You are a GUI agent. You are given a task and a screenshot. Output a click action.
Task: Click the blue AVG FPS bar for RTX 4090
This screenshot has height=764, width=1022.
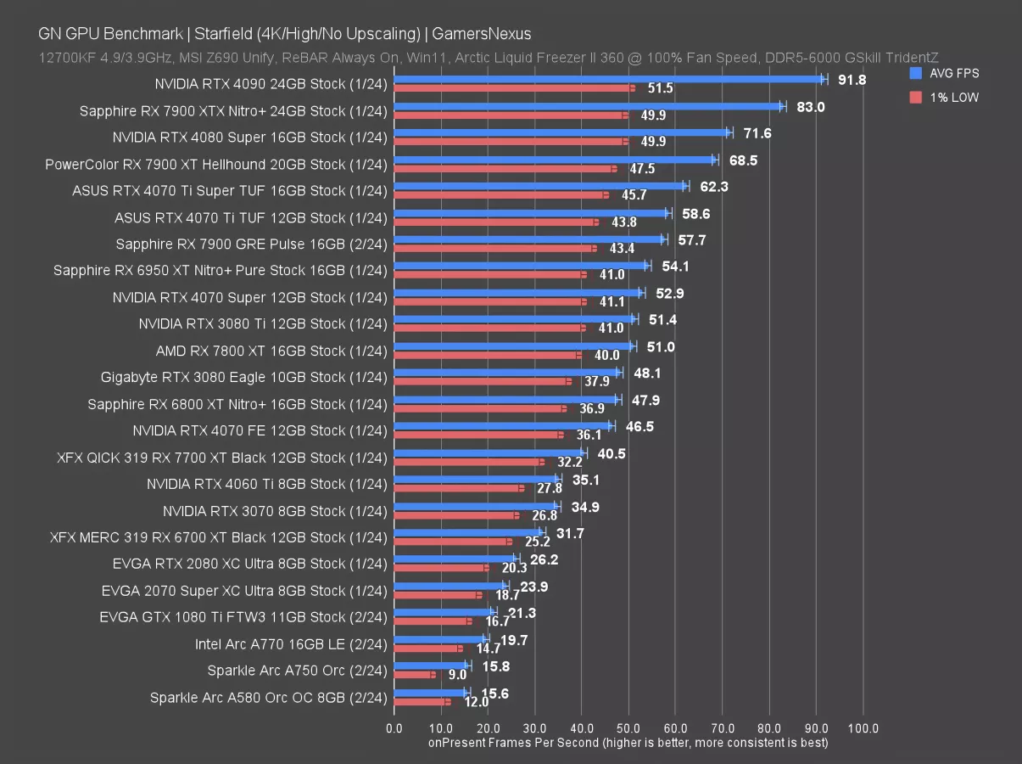pyautogui.click(x=609, y=79)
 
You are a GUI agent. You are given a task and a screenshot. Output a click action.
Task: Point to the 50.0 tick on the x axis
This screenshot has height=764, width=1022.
pyautogui.click(x=628, y=727)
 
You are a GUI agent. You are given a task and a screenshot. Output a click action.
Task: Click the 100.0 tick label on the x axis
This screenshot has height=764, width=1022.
pyautogui.click(x=863, y=727)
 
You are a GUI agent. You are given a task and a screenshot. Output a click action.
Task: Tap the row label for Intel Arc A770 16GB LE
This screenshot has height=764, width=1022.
pyautogui.click(x=291, y=643)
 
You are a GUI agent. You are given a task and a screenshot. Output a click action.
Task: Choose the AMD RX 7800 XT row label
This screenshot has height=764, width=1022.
pyautogui.click(x=271, y=351)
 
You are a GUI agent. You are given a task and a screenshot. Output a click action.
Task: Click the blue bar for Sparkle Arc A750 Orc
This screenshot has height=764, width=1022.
pyautogui.click(x=431, y=666)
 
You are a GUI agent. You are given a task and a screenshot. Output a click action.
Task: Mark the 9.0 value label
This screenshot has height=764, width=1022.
pyautogui.click(x=457, y=676)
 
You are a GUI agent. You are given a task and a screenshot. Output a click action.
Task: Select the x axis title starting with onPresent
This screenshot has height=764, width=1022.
pyautogui.click(x=628, y=743)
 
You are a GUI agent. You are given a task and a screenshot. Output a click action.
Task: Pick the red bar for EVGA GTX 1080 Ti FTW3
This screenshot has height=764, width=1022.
pyautogui.click(x=432, y=621)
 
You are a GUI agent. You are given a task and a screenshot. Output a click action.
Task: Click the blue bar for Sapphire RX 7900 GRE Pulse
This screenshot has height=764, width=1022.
pyautogui.click(x=528, y=239)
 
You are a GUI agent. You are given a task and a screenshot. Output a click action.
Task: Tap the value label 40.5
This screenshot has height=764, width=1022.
pyautogui.click(x=612, y=453)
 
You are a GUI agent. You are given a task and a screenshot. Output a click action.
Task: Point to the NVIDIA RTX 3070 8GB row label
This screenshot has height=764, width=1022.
pyautogui.click(x=275, y=510)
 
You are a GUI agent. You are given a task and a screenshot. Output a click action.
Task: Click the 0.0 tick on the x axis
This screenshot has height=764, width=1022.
pyautogui.click(x=394, y=727)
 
